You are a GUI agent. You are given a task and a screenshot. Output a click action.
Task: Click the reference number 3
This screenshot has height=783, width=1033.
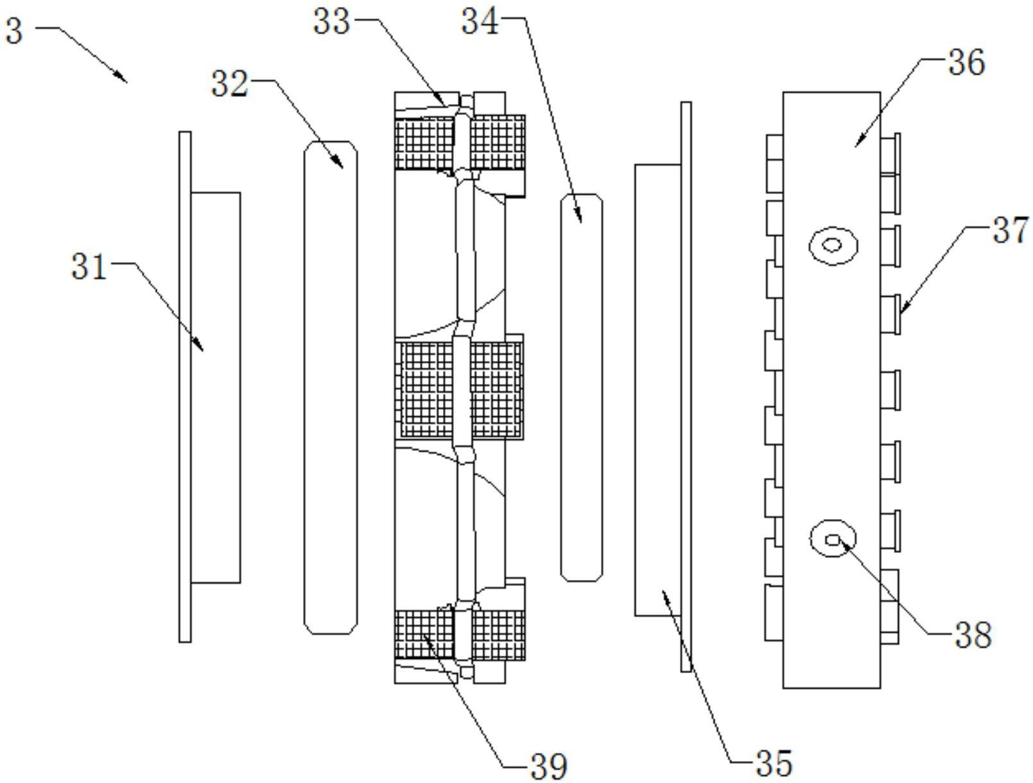(14, 30)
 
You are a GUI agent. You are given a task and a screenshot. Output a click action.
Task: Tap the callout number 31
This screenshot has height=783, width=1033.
(89, 266)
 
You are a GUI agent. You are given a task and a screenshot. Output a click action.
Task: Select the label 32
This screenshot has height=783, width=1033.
(230, 84)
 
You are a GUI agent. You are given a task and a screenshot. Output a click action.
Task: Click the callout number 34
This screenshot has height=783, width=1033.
(480, 22)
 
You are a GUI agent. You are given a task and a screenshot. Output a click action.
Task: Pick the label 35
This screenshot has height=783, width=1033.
(774, 763)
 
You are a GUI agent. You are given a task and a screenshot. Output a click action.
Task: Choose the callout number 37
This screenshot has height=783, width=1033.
(1010, 230)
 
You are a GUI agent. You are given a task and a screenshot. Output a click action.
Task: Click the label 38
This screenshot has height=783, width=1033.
(973, 635)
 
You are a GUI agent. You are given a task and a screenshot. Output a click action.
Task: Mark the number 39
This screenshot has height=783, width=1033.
(548, 766)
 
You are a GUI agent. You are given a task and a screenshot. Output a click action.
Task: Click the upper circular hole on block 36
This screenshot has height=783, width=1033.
(833, 245)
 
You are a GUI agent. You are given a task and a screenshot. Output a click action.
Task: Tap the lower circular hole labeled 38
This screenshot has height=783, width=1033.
(833, 540)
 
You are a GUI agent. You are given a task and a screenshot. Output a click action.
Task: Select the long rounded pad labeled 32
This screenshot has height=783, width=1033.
(331, 387)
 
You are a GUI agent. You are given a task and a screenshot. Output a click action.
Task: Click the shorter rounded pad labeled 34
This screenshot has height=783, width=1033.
(581, 387)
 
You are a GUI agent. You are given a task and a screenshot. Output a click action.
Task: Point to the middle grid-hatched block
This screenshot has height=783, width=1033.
(460, 389)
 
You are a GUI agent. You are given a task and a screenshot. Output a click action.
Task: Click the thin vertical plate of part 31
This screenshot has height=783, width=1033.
(185, 387)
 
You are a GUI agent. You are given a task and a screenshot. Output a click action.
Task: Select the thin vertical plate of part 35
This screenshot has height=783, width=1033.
(686, 387)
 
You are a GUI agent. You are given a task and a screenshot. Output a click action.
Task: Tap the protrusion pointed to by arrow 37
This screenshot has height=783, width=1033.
(890, 314)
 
